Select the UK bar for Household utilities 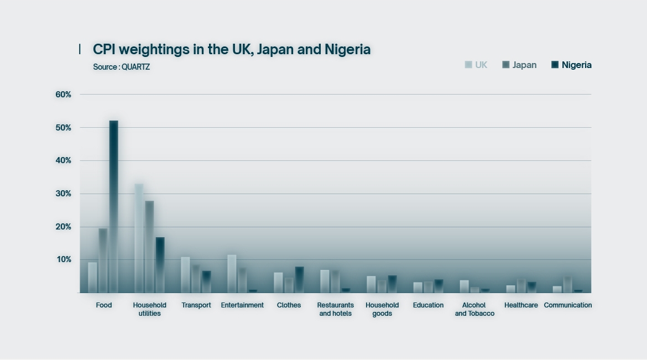coord(139,238)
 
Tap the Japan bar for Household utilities coord(149,247)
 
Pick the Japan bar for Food coord(103,260)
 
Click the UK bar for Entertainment coord(232,274)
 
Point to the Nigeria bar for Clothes coord(299,280)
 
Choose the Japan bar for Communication coord(567,284)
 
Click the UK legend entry coord(476,65)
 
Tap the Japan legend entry coord(519,65)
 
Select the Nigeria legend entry coord(571,65)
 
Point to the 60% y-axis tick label coord(64,95)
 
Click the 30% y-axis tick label coord(64,194)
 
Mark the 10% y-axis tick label coord(64,259)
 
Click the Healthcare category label coord(521,305)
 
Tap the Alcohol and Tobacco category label coord(474,309)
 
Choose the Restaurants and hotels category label coord(335,309)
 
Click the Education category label coord(428,305)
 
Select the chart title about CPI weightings coord(232,49)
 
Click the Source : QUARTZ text coord(122,67)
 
